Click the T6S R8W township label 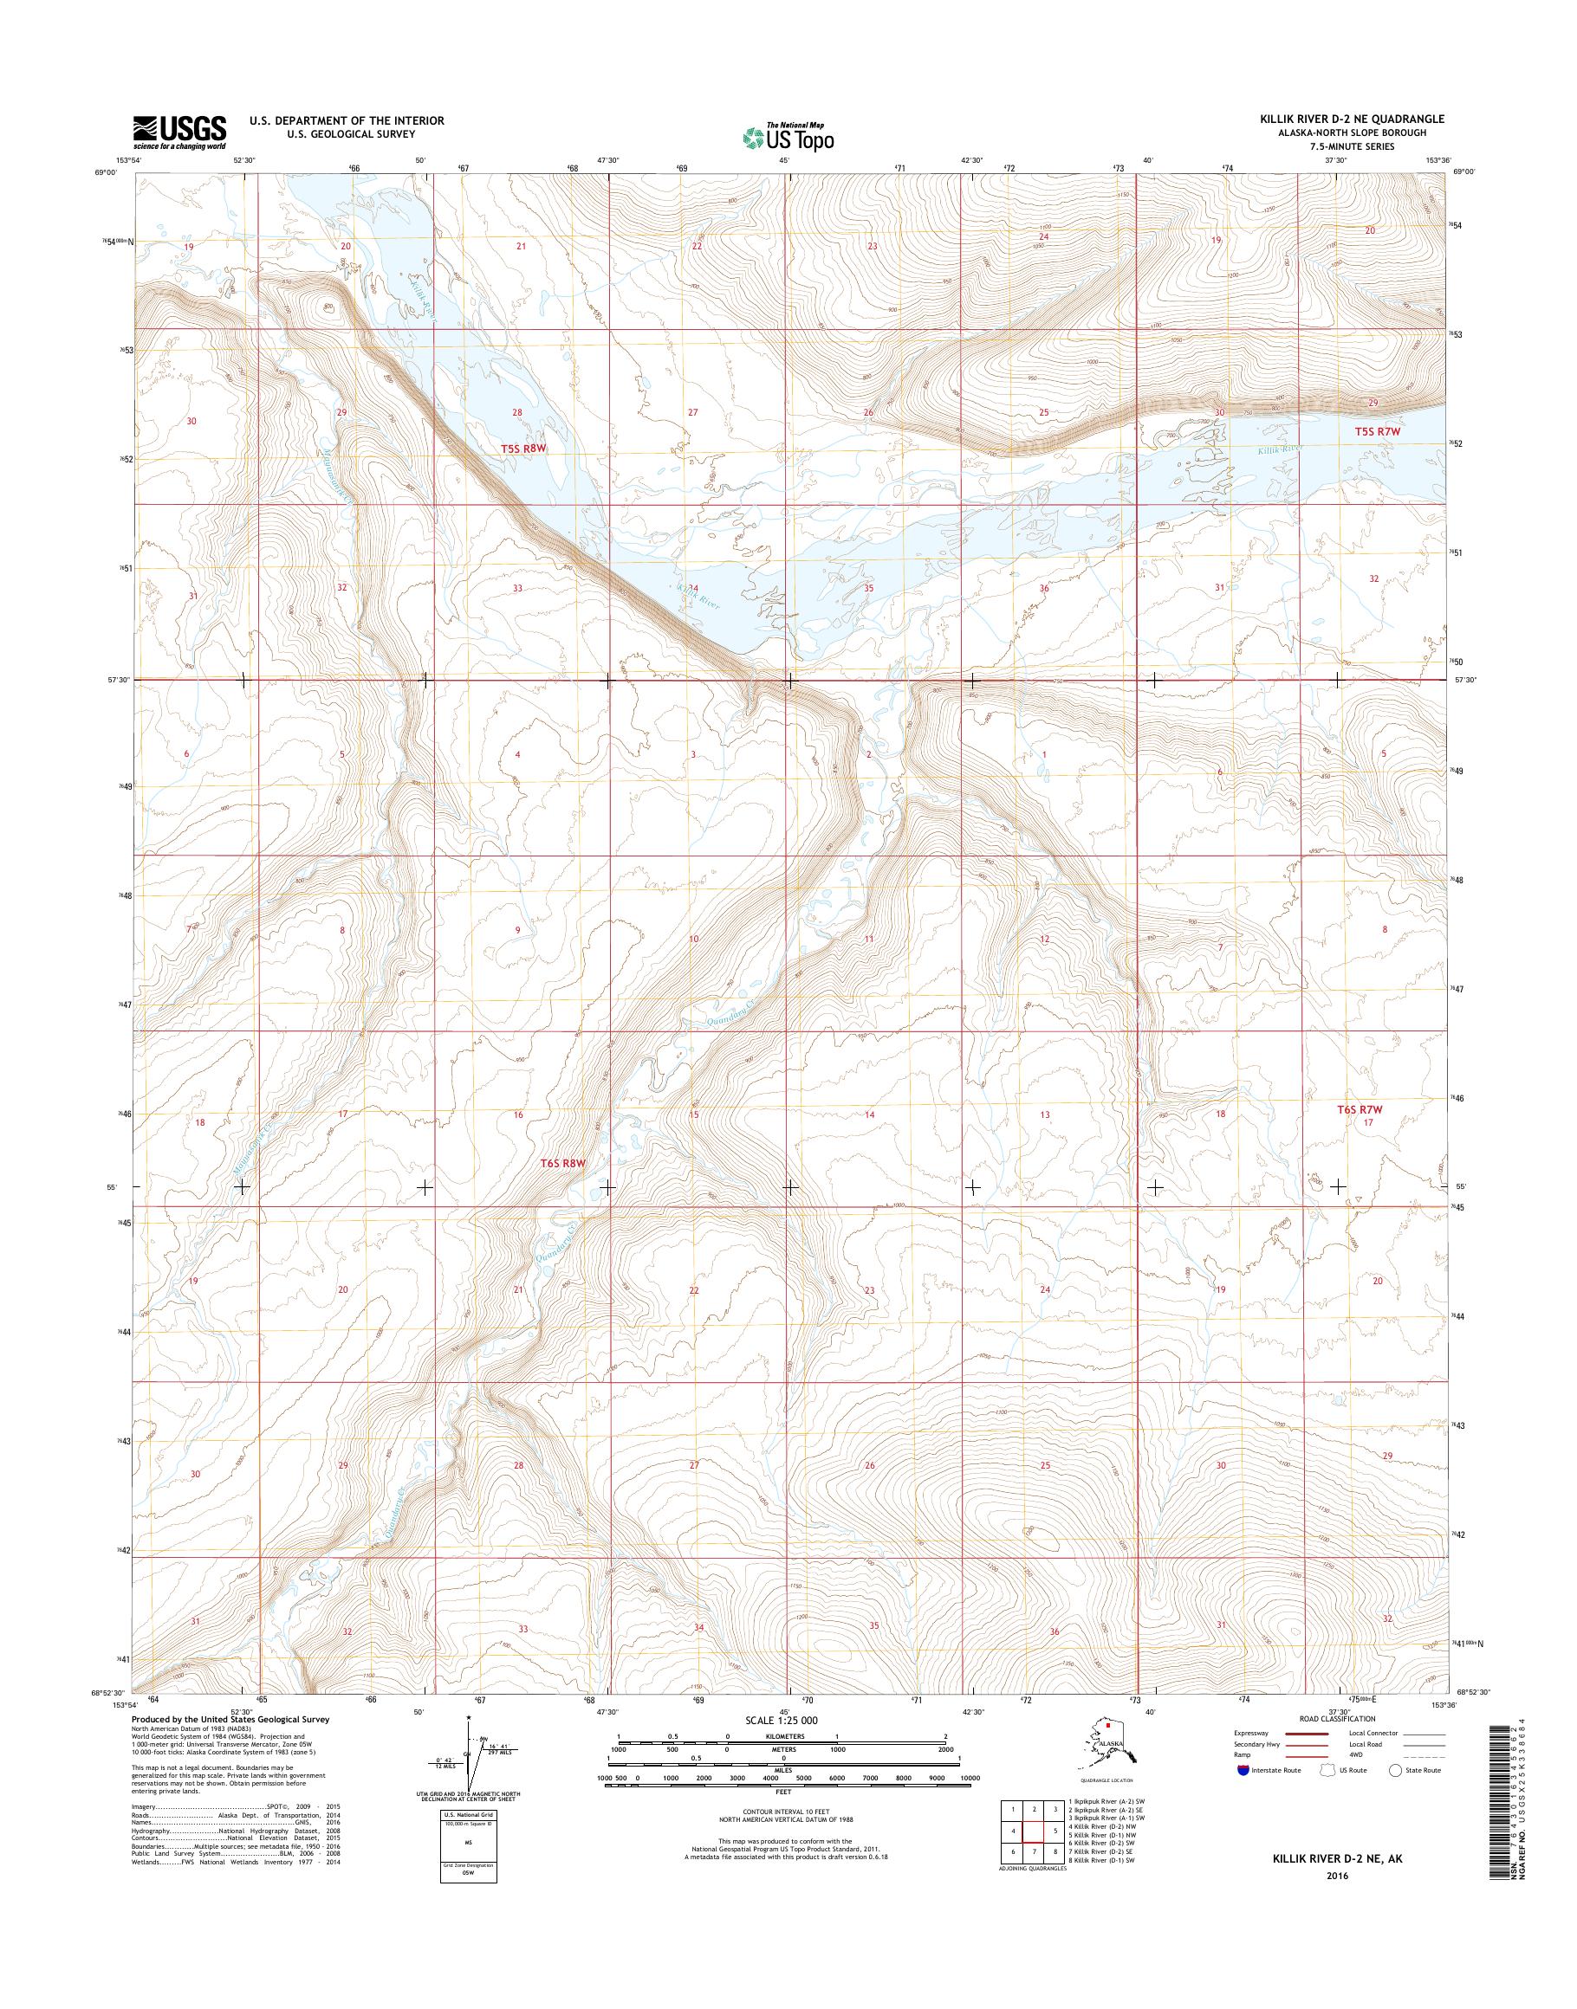[563, 1164]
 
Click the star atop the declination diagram [468, 1717]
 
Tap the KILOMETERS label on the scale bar [782, 1736]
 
